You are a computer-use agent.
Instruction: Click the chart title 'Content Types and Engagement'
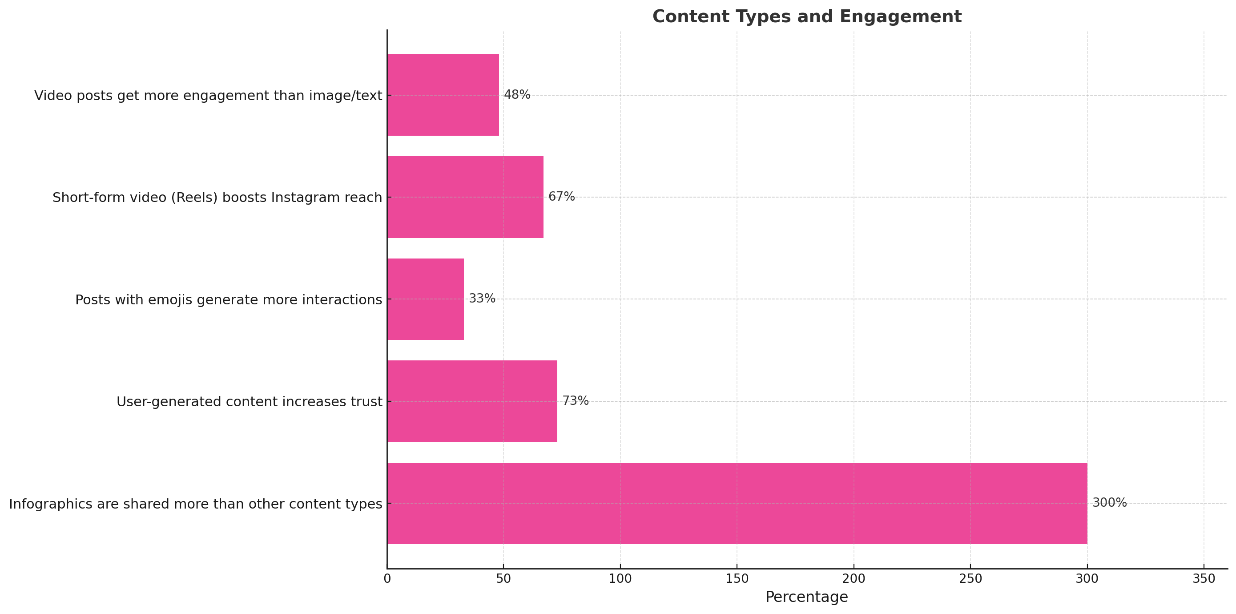pos(806,17)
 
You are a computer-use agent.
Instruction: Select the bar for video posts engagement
pos(443,95)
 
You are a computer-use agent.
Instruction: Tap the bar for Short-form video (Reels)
pos(465,197)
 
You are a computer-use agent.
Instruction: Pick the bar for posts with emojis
pos(425,299)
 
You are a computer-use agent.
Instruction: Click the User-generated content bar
pos(471,401)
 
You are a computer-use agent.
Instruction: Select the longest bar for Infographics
pos(737,503)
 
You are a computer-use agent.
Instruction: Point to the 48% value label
pos(517,95)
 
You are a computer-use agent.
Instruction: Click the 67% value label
pos(561,197)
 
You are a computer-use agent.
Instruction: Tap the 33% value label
pos(482,299)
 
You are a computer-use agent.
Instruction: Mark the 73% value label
pos(575,401)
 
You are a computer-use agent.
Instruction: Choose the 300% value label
pos(1109,503)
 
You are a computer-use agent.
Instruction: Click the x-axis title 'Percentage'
pos(806,597)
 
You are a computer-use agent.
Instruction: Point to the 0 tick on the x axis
pos(387,579)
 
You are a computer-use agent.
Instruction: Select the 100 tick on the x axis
pos(620,579)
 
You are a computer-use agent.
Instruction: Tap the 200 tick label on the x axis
pos(854,579)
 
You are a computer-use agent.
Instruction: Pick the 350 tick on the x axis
pos(1204,579)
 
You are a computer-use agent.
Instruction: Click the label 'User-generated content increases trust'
pos(250,402)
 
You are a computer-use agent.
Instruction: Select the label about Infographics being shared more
pos(196,504)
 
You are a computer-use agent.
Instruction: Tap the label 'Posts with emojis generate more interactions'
pos(229,300)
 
